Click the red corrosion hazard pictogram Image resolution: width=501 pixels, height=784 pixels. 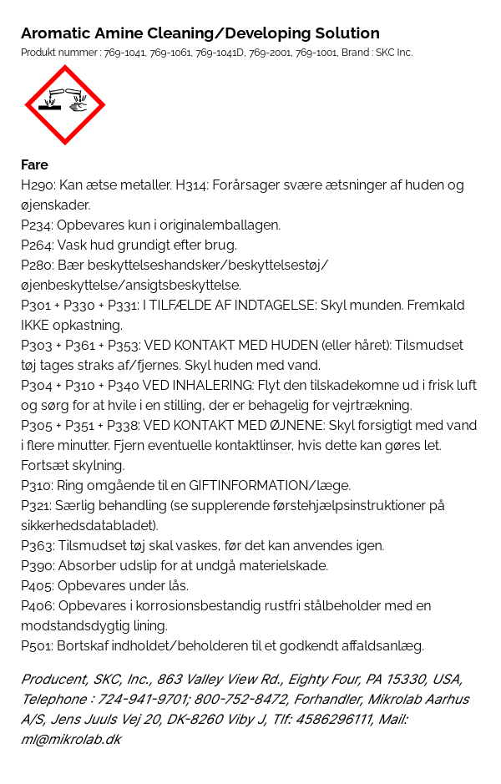[64, 104]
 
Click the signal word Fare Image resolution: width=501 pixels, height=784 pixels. [34, 164]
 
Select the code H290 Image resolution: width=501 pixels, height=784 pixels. [37, 185]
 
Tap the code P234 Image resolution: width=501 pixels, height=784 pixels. [37, 225]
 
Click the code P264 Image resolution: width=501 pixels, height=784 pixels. [37, 245]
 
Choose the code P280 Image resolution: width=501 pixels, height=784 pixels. [37, 266]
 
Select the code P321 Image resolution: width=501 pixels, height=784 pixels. [37, 506]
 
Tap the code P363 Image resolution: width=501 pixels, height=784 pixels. [37, 546]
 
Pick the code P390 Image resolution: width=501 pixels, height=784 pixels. [37, 566]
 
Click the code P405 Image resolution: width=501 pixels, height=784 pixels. [37, 586]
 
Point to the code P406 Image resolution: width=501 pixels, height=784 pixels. [37, 606]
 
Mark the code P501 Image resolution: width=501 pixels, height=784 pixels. [37, 646]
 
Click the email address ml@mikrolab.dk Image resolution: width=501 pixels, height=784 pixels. [70, 740]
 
